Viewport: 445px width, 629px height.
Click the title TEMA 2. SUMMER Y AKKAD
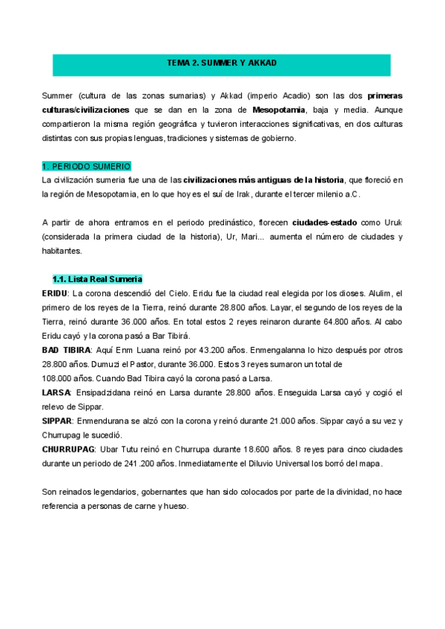tap(222, 64)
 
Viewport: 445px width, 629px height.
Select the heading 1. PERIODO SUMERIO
tap(87, 166)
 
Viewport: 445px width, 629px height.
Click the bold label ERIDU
tap(55, 294)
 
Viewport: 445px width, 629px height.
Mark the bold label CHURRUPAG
tap(69, 449)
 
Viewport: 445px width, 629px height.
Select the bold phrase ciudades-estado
tap(325, 223)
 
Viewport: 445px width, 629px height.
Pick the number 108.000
tap(59, 378)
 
